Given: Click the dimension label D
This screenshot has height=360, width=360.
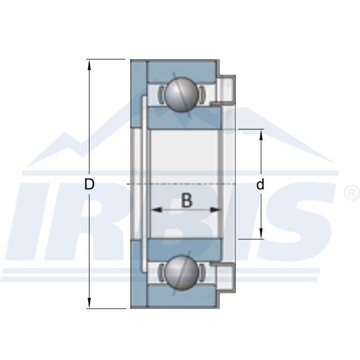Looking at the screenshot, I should click(x=90, y=184).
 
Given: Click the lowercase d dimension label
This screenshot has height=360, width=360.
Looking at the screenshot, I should click(x=261, y=185).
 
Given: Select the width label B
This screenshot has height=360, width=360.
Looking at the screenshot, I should click(x=186, y=200).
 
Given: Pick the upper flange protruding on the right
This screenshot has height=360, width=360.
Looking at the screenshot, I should click(x=226, y=89).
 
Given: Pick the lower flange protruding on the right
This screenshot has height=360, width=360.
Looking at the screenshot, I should click(x=226, y=278).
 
